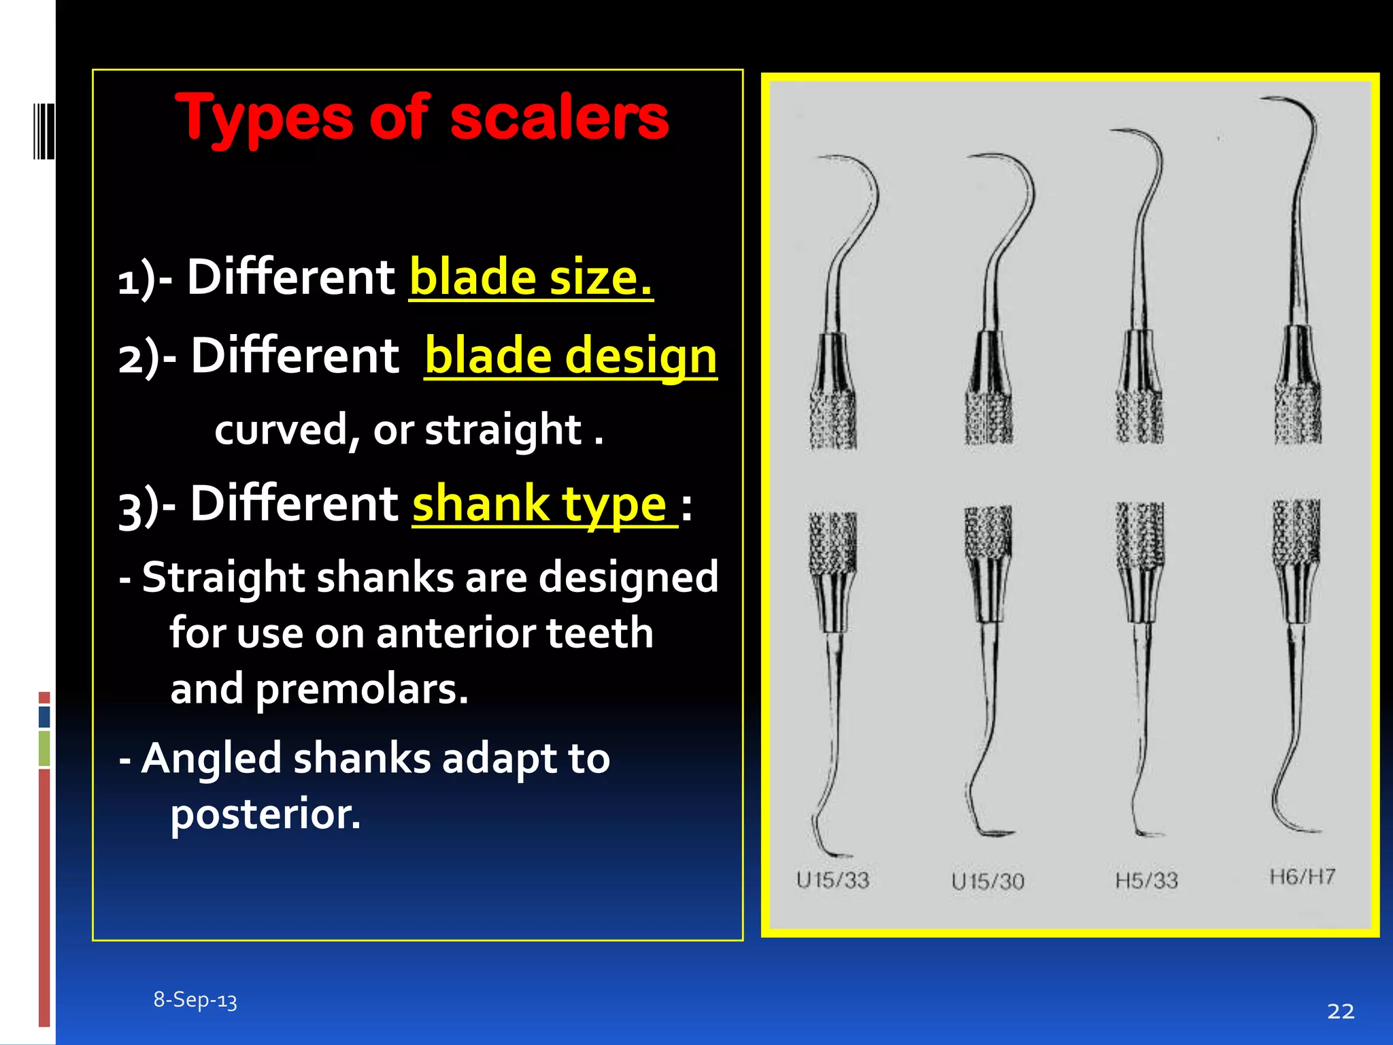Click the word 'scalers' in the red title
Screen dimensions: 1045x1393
tap(559, 118)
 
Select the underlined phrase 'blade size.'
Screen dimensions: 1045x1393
tap(531, 278)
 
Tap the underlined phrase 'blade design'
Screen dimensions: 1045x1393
tap(570, 356)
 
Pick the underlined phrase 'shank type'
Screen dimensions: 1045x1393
tap(540, 504)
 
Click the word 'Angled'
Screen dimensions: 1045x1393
tap(212, 758)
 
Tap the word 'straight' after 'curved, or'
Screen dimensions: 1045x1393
tap(503, 430)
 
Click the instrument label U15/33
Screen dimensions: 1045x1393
tap(833, 880)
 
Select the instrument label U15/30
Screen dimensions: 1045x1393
tap(988, 882)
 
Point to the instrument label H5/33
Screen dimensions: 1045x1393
tap(1146, 880)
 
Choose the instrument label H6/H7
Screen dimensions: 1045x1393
tap(1302, 876)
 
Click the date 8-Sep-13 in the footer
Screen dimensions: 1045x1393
tap(195, 999)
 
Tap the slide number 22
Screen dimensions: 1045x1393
tap(1340, 1011)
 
